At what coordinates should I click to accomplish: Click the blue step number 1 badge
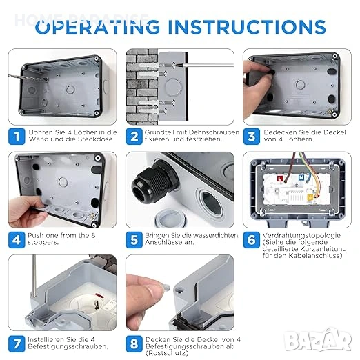click(17, 137)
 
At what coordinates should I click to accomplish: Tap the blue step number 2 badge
click(134, 137)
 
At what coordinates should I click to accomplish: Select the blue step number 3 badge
click(252, 137)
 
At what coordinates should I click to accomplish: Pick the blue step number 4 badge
click(17, 240)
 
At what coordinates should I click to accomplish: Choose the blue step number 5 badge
click(134, 240)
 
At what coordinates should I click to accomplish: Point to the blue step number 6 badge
click(252, 240)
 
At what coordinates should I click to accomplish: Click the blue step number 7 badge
click(17, 344)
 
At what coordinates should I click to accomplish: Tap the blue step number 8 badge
click(134, 344)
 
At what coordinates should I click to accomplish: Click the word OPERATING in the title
click(98, 27)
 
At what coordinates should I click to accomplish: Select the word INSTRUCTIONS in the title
click(247, 27)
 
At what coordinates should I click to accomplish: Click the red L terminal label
click(280, 179)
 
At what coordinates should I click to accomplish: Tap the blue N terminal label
click(301, 177)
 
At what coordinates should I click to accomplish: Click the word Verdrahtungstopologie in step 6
click(301, 236)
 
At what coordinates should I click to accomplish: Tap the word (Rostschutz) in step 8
click(167, 353)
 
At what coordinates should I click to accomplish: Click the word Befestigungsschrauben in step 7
click(67, 346)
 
